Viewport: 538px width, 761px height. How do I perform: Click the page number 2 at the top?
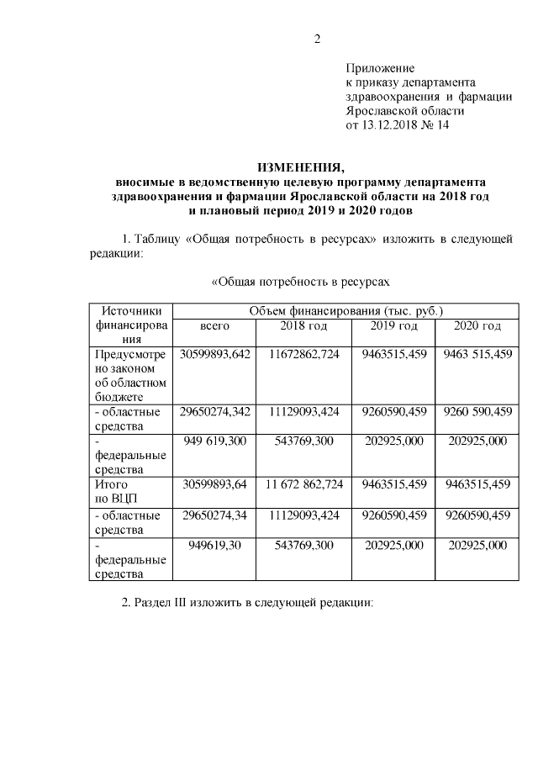(318, 39)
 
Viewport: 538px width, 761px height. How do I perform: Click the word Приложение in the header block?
(381, 67)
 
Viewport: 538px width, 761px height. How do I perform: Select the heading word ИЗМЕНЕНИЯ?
(300, 166)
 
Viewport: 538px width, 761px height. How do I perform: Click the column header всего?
(214, 325)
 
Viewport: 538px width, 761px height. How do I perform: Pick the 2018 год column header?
(304, 325)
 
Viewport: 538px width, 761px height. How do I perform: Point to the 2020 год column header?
(477, 325)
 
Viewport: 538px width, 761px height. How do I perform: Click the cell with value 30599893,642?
(215, 354)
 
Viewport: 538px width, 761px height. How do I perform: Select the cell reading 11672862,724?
(304, 354)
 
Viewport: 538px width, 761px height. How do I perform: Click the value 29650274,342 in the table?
(215, 411)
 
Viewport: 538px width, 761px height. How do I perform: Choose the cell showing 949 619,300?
(215, 440)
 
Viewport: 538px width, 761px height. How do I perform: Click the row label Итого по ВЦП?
(119, 491)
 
